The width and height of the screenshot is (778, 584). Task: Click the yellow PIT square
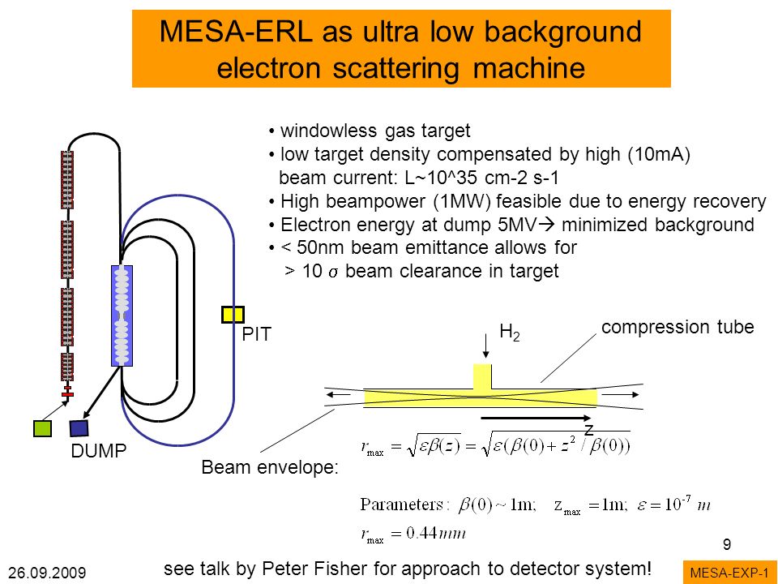tap(233, 315)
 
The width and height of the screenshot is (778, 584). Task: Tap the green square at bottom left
tap(42, 428)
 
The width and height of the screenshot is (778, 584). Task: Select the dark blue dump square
tap(79, 428)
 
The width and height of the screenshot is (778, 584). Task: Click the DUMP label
tap(99, 451)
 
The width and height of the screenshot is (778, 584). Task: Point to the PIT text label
tap(257, 335)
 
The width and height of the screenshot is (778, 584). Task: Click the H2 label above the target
tap(510, 332)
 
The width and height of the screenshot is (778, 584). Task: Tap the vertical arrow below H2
tap(485, 346)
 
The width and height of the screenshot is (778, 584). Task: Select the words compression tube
tap(678, 327)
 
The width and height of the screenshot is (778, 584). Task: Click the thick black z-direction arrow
tap(536, 419)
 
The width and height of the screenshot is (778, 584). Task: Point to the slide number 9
tap(727, 545)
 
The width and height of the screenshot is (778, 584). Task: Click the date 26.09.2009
tap(47, 573)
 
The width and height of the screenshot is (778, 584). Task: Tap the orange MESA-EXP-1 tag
tap(729, 573)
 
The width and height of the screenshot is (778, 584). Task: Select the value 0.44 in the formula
tap(421, 534)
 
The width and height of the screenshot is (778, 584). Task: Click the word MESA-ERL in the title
tap(236, 32)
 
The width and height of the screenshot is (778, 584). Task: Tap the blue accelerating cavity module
tap(122, 316)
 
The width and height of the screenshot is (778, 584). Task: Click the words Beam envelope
tap(270, 467)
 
